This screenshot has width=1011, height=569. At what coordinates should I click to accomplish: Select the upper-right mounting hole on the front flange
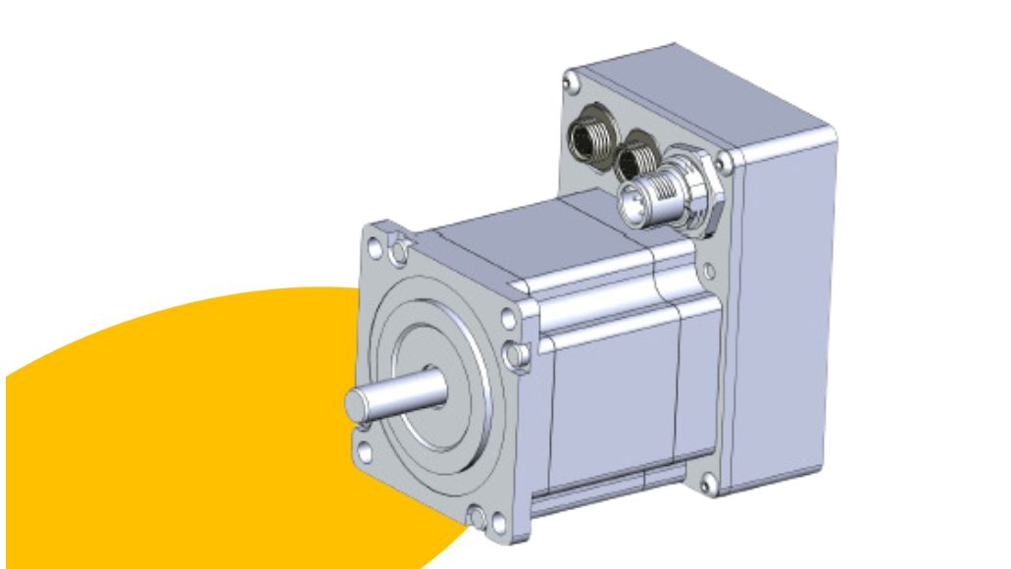click(x=508, y=319)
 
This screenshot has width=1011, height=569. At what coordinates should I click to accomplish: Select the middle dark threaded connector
click(x=638, y=159)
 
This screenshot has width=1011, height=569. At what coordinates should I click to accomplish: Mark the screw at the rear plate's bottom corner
click(x=708, y=482)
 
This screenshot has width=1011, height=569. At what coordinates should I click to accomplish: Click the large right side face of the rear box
click(x=789, y=314)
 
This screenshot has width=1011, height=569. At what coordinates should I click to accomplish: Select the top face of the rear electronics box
click(x=706, y=93)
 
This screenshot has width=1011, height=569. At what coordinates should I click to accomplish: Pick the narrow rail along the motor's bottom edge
click(x=608, y=495)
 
